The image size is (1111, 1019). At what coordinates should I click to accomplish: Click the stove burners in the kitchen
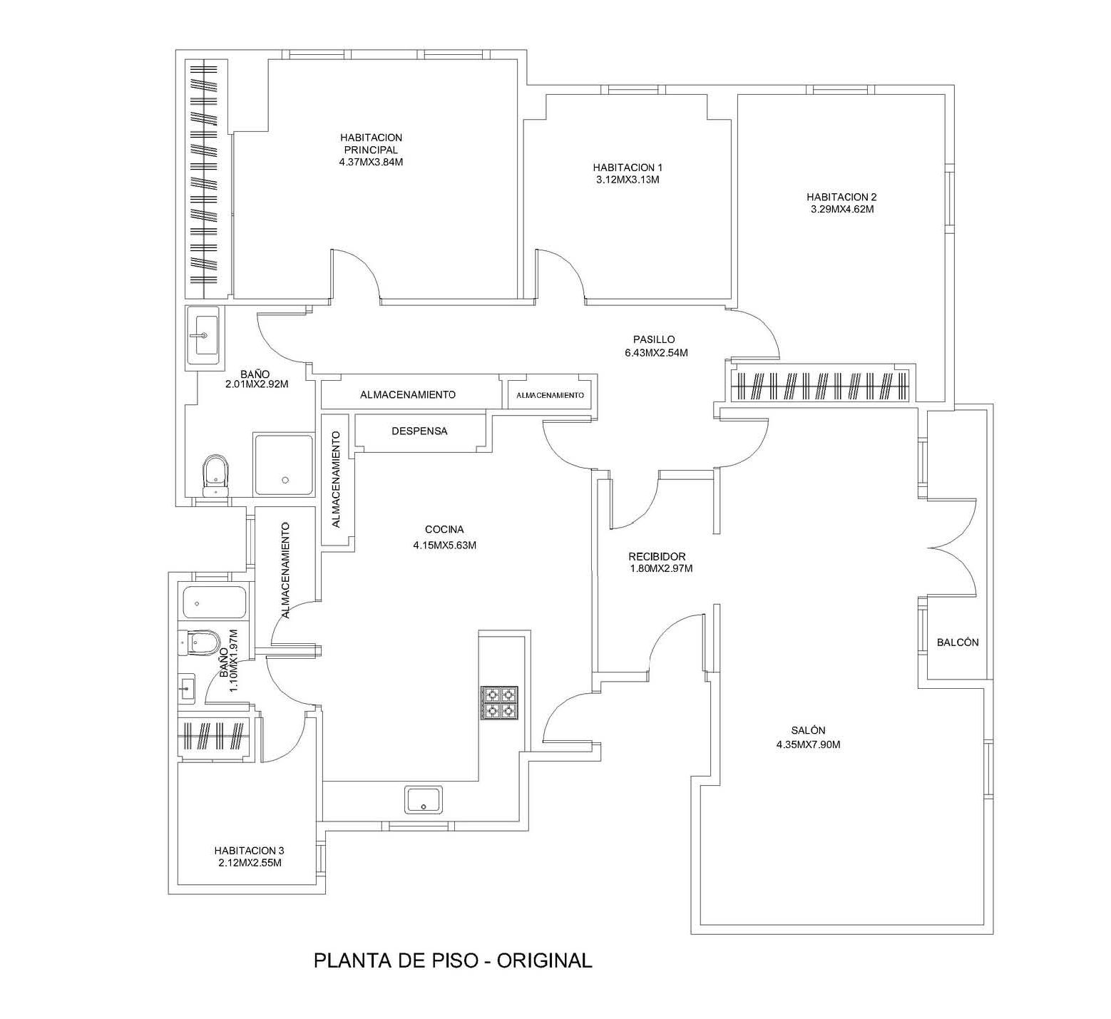pos(500,703)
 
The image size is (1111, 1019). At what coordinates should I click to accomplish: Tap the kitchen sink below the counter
pos(424,799)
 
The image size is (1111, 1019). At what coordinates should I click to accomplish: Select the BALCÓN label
pos(957,642)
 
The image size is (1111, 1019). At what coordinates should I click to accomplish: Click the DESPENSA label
pos(419,431)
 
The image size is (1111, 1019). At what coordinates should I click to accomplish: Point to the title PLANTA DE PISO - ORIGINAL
pos(453,961)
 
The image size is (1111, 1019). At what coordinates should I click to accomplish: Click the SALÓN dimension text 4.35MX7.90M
pos(808,745)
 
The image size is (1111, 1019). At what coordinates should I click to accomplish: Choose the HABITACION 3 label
pos(249,851)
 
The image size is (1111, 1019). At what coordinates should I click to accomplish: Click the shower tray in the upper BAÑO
pos(284,465)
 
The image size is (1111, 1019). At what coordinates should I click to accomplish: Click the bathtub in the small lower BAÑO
pos(214,602)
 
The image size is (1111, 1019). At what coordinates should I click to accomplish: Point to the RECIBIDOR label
pos(657,557)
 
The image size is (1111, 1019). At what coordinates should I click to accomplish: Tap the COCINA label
pos(444,530)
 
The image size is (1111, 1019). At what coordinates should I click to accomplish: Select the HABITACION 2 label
pos(841,197)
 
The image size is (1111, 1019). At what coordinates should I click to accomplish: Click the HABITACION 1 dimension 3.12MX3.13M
pos(628,180)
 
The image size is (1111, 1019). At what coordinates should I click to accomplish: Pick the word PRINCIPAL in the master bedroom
pos(371,150)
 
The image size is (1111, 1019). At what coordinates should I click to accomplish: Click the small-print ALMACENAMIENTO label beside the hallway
pos(550,395)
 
